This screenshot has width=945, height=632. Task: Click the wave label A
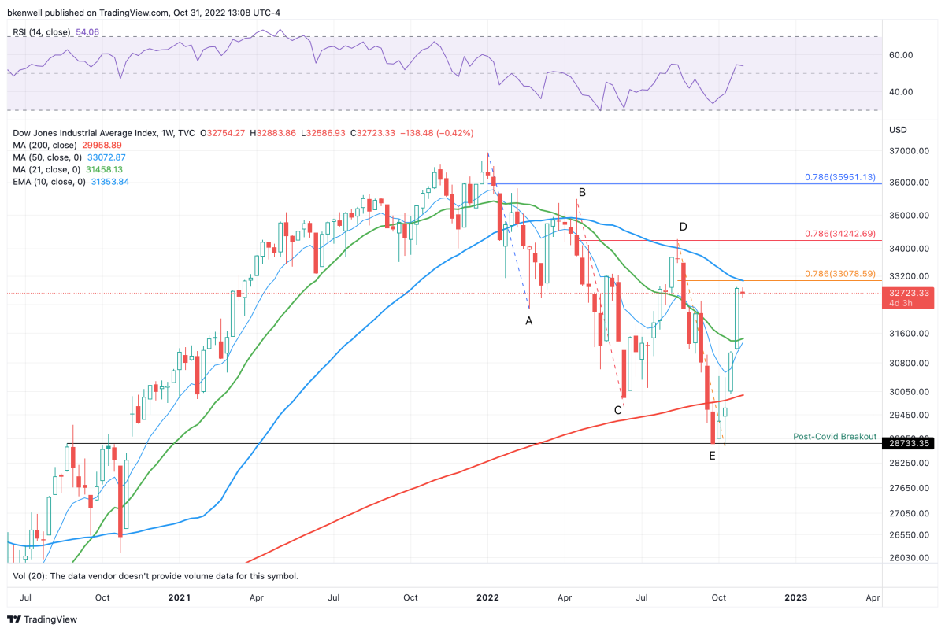(x=529, y=321)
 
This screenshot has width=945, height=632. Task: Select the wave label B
(x=582, y=192)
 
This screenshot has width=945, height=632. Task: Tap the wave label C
(x=618, y=409)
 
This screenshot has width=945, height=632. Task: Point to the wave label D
(x=683, y=227)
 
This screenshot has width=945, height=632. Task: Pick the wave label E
(x=712, y=456)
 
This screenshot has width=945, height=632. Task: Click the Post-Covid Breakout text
(x=834, y=436)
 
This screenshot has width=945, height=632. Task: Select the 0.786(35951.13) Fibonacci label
(x=839, y=177)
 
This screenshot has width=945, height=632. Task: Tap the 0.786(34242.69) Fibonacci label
(x=839, y=234)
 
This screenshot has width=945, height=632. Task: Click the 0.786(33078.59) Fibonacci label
(x=839, y=274)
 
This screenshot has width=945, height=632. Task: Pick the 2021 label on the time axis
(x=180, y=597)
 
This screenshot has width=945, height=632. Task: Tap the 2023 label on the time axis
(x=795, y=597)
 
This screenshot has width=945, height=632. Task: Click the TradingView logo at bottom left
(x=43, y=619)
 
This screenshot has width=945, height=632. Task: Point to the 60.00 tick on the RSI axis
(x=901, y=55)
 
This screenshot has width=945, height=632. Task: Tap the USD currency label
(x=899, y=129)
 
